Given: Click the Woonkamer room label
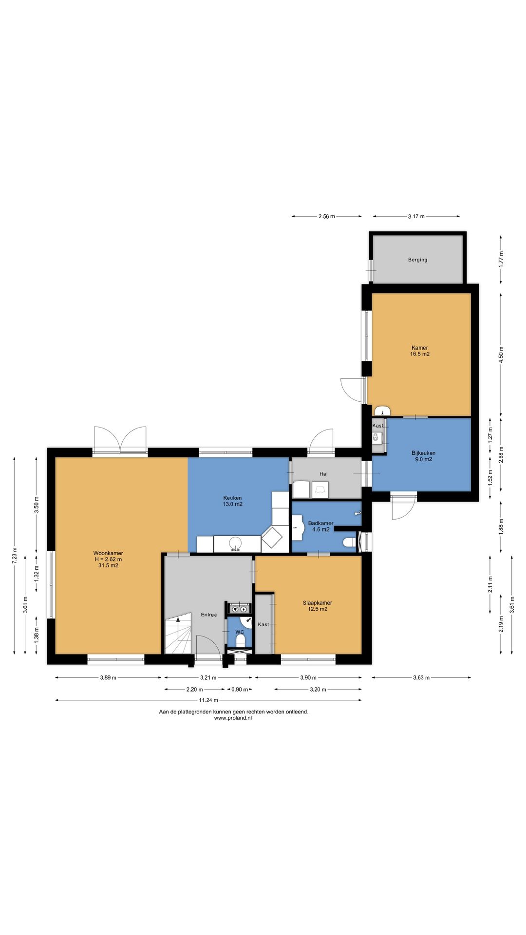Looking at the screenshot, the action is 108,553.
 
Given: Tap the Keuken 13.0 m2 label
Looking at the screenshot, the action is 232,501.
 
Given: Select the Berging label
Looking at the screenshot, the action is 417,260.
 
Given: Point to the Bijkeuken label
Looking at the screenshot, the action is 423,453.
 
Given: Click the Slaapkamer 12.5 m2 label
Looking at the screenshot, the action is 318,606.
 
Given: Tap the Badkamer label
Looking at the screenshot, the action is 320,523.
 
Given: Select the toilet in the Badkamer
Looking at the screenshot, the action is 349,542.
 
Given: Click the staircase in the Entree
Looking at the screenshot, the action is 178,634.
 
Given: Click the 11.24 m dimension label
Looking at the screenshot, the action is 208,700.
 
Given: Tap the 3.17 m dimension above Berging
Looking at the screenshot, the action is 416,216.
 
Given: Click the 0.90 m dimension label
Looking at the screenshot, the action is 240,690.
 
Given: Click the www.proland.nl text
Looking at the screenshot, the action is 233,718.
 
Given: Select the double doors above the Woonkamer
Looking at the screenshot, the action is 120,440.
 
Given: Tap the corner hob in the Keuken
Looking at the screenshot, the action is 272,537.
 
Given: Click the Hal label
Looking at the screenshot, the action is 323,474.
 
